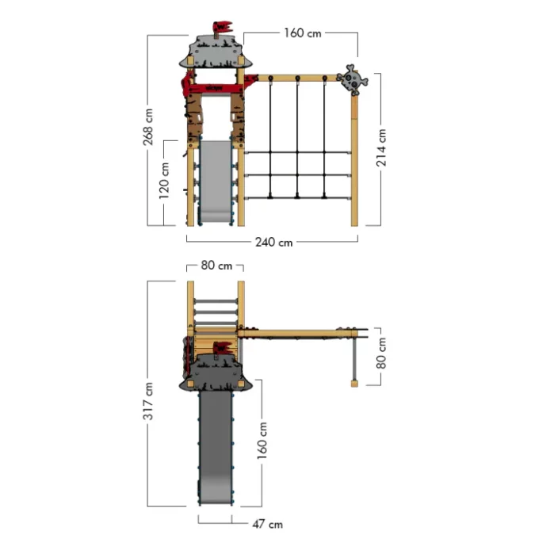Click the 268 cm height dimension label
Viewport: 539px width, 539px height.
pos(147,127)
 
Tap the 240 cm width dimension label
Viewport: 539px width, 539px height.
pos(273,243)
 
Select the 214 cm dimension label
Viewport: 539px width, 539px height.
pos(381,147)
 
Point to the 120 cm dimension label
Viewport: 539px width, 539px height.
pos(164,181)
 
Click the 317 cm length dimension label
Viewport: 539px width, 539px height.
pos(148,401)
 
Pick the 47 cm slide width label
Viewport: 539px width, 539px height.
pos(267,524)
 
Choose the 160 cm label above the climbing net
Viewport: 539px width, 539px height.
pos(303,33)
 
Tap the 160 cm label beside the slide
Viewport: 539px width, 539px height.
pos(262,441)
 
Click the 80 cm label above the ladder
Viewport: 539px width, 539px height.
pos(216,266)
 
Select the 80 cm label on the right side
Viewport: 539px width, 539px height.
pos(381,353)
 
